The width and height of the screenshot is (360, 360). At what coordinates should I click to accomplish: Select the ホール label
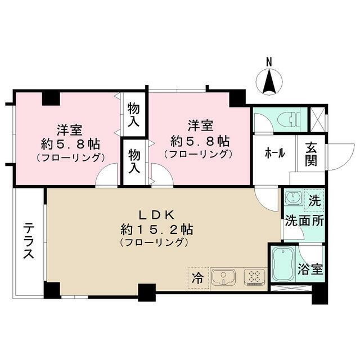pos(273,152)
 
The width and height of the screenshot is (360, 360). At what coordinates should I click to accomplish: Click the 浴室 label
pos(310,268)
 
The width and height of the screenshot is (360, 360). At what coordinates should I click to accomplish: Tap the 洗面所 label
pos(303,221)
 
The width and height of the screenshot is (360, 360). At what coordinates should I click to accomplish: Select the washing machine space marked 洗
pos(314,199)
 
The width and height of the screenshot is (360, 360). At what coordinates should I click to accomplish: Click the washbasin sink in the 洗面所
pos(291,198)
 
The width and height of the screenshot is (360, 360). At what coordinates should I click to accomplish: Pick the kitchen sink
pos(223,277)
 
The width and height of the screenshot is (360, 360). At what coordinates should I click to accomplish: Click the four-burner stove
pos(254,277)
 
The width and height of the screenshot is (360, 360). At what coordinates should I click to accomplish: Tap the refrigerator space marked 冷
pos(197,277)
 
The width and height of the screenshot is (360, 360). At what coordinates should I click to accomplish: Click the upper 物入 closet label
pos(134,114)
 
